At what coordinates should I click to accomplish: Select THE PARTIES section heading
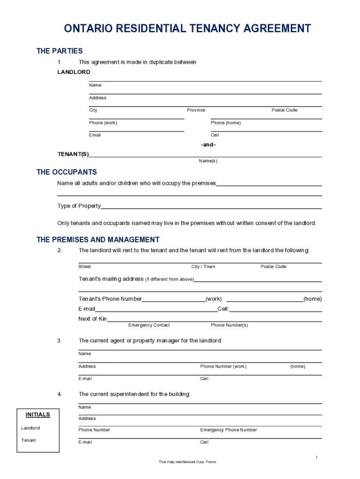pyautogui.click(x=59, y=51)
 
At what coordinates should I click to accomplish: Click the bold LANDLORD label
pyautogui.click(x=73, y=72)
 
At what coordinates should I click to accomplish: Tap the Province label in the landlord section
pyautogui.click(x=196, y=110)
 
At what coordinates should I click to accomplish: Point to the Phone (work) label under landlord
pyautogui.click(x=103, y=123)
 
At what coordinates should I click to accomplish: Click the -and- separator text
pyautogui.click(x=208, y=145)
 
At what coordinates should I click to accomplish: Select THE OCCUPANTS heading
pyautogui.click(x=66, y=172)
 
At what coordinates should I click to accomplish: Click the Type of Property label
pyautogui.click(x=79, y=206)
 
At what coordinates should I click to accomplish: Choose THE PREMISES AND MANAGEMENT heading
pyautogui.click(x=98, y=240)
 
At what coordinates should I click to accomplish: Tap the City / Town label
pyautogui.click(x=203, y=267)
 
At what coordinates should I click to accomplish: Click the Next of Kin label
pyautogui.click(x=93, y=319)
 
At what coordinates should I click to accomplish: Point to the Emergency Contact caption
pyautogui.click(x=149, y=325)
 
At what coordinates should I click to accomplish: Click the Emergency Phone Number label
pyautogui.click(x=228, y=430)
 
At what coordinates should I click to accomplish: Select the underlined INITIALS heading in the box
pyautogui.click(x=38, y=415)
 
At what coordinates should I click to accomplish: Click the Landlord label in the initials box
pyautogui.click(x=30, y=428)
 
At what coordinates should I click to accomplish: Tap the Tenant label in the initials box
pyautogui.click(x=28, y=440)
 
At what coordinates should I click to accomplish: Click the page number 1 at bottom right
pyautogui.click(x=317, y=457)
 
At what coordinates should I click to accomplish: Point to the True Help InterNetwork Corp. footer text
pyautogui.click(x=187, y=462)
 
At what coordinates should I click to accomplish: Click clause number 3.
pyautogui.click(x=59, y=341)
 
